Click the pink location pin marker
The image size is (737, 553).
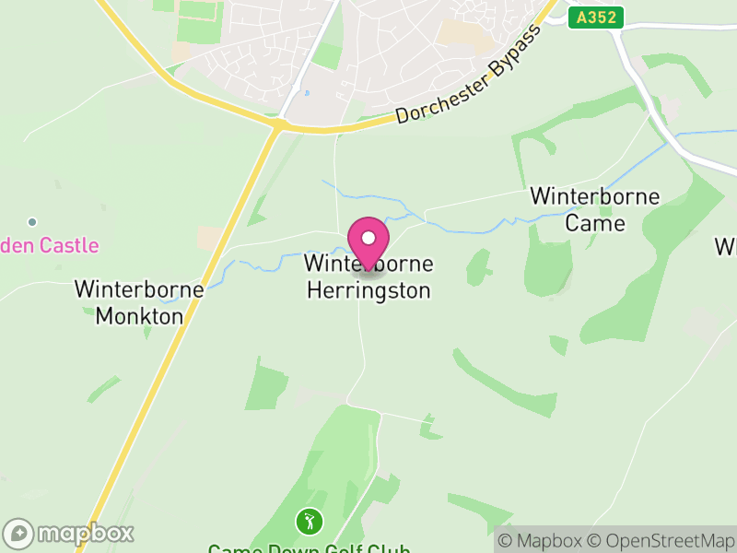coord(368,243)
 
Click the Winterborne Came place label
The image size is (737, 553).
coord(595,209)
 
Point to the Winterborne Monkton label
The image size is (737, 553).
coord(139,301)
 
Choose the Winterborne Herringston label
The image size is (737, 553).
coord(368,276)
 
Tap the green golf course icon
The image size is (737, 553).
coord(309,522)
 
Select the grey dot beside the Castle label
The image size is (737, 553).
coord(32,222)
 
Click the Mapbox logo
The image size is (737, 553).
coord(69,533)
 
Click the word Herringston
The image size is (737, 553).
coord(368,290)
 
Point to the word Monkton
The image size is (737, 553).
coord(139,315)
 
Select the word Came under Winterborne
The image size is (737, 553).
coord(595,223)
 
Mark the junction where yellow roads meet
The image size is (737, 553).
coord(277,124)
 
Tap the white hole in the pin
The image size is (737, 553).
coord(368,238)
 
